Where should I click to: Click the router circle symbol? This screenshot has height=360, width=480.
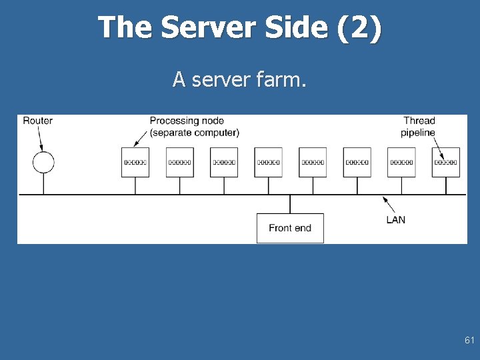tap(43, 162)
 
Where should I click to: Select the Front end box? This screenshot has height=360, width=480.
tap(290, 228)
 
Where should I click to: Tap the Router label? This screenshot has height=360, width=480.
tap(37, 121)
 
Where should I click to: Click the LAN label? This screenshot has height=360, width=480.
tap(395, 219)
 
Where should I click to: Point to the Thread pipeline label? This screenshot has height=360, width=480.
tap(419, 127)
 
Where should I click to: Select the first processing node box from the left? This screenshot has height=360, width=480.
tap(135, 162)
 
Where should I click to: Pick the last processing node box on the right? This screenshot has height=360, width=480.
tap(445, 162)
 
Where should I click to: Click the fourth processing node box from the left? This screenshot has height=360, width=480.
tap(268, 162)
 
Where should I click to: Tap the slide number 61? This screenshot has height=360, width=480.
tap(469, 341)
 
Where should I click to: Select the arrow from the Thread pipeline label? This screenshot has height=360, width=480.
tap(440, 146)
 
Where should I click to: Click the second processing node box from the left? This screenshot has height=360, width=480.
tap(179, 162)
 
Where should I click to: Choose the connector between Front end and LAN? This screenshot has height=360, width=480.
tap(290, 204)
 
